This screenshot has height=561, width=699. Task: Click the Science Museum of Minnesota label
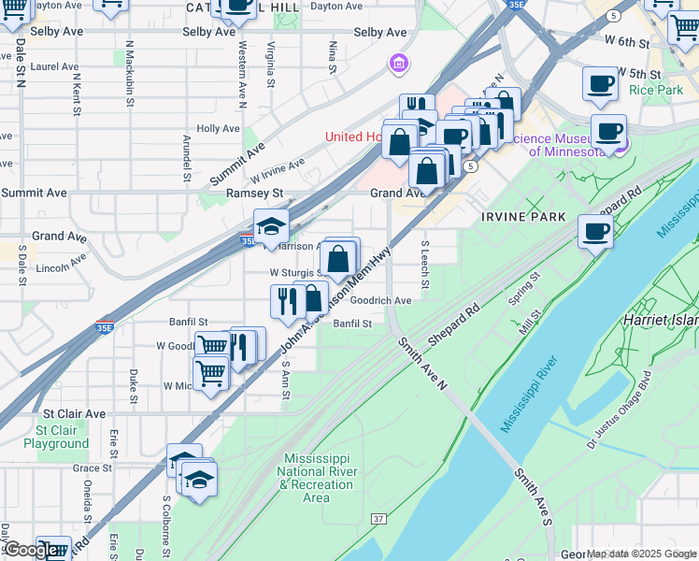tap(559, 145)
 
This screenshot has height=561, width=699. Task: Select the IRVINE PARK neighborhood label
tap(523, 216)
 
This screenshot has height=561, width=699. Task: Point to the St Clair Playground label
tap(56, 437)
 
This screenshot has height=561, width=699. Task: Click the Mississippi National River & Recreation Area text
tap(316, 478)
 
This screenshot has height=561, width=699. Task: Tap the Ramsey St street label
tap(254, 193)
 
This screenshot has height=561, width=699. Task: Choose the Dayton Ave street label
tap(310, 6)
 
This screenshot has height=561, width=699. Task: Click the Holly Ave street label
tap(220, 129)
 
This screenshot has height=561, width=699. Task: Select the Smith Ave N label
tap(423, 365)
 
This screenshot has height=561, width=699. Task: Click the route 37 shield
tap(378, 518)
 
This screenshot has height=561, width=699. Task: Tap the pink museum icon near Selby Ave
tap(399, 64)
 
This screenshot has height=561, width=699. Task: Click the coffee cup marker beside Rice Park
tap(599, 84)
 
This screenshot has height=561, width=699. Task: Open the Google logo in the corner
tap(30, 551)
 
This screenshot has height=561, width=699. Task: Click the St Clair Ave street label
tap(74, 413)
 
